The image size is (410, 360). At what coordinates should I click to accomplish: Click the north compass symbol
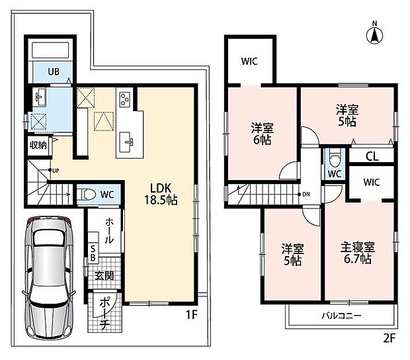(375, 35)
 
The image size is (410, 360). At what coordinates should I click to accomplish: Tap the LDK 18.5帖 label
(161, 194)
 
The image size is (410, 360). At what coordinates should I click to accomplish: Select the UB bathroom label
(54, 71)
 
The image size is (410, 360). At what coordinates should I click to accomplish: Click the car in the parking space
(48, 277)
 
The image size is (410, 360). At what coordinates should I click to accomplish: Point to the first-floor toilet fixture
(87, 195)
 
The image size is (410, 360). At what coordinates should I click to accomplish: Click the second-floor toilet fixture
(335, 157)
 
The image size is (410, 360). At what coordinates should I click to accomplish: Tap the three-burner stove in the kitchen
(124, 100)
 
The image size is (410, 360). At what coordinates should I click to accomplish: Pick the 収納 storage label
(38, 145)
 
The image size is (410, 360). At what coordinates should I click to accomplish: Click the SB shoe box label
(93, 253)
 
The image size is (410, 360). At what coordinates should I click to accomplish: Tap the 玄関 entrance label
(104, 276)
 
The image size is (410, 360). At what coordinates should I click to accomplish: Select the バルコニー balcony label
(341, 316)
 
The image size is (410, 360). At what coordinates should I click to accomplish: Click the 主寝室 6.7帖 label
(358, 253)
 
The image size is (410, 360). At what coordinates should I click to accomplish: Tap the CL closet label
(372, 156)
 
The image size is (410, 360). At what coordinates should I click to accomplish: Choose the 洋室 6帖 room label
(263, 134)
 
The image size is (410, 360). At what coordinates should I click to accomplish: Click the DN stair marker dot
(299, 194)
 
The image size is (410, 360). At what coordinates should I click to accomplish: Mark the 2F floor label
(389, 339)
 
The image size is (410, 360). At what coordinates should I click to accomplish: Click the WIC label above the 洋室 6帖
(249, 62)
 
